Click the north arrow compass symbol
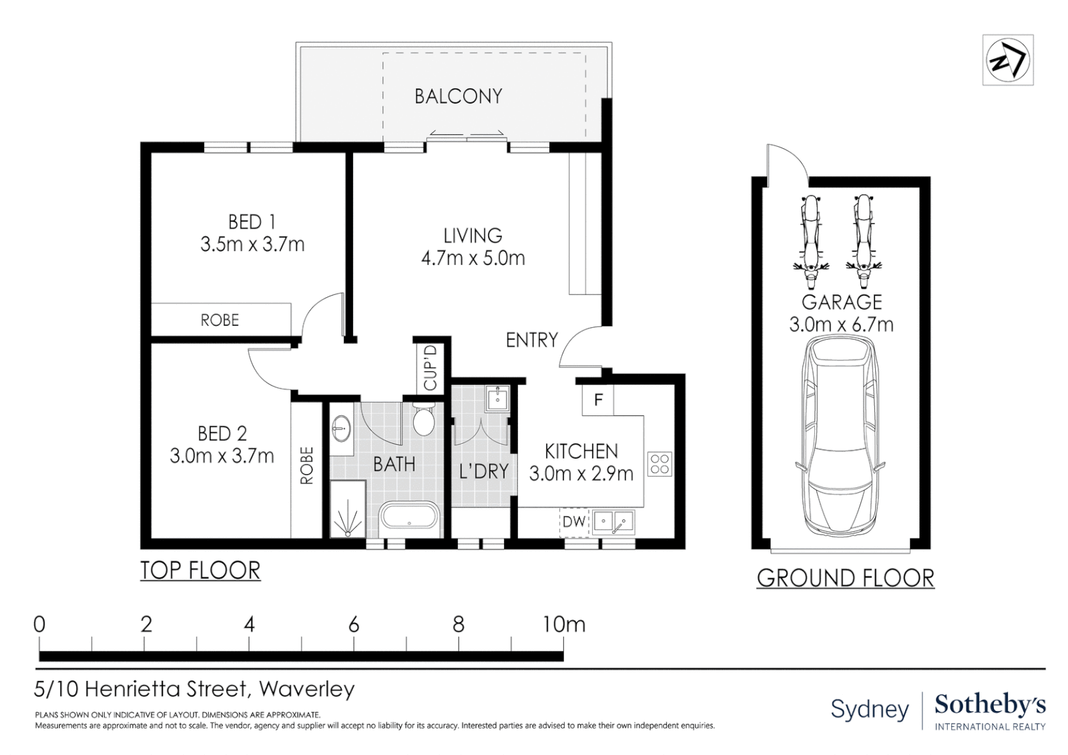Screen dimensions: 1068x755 click(1007, 60)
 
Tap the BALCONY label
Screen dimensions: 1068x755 click(459, 96)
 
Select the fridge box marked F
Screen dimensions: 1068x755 click(598, 399)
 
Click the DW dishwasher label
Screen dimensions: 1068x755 click(574, 522)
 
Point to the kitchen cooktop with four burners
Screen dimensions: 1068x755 click(659, 464)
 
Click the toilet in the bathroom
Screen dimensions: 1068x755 click(423, 418)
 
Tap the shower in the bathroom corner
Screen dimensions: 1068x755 click(348, 508)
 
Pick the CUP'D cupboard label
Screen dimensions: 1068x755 click(430, 368)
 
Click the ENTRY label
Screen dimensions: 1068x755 click(532, 340)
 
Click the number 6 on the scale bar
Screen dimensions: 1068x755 click(353, 624)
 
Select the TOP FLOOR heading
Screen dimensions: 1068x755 click(200, 570)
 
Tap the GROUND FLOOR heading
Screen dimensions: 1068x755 click(845, 578)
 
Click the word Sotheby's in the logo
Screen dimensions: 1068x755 click(990, 705)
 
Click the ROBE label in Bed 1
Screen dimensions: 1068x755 click(219, 319)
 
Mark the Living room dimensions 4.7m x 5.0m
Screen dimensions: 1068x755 click(473, 258)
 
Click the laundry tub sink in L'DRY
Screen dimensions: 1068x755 click(497, 398)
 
